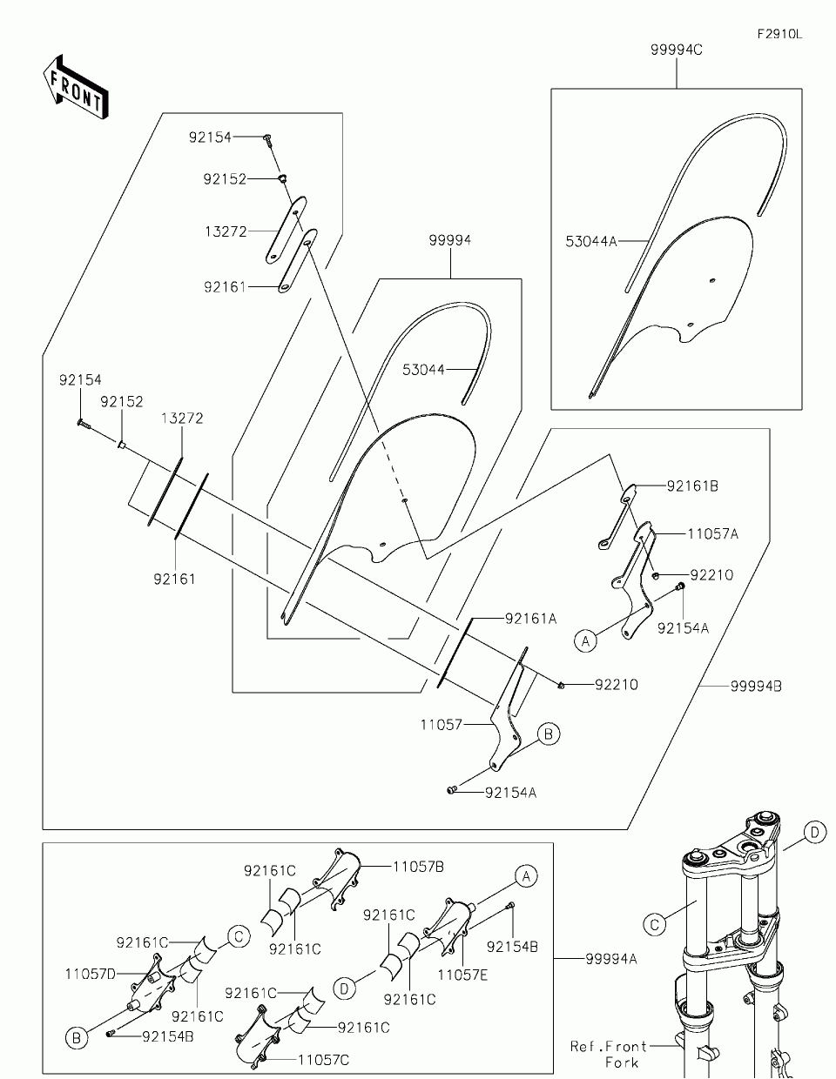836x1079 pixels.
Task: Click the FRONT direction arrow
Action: pos(75,86)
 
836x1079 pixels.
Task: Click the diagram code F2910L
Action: pos(779,34)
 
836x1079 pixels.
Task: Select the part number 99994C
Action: pos(676,50)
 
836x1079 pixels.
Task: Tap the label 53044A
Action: pos(591,241)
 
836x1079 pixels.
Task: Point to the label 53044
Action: pos(423,370)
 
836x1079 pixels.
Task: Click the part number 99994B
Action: pos(756,687)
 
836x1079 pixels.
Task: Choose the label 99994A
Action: pos(611,959)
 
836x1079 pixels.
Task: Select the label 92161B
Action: pos(692,486)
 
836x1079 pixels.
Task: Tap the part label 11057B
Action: pos(418,867)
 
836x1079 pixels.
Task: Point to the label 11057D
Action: pos(91,975)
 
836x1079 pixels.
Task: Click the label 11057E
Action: pos(462,975)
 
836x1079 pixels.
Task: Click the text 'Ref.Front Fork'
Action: pos(609,1054)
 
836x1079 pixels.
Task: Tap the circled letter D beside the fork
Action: pos(814,832)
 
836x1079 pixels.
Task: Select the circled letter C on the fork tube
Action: pos(655,925)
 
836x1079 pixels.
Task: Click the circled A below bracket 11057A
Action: pos(586,641)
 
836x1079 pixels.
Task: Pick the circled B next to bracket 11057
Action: pos(549,734)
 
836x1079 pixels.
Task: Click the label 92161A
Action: pos(530,619)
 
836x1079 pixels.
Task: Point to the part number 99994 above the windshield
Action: pos(450,240)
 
